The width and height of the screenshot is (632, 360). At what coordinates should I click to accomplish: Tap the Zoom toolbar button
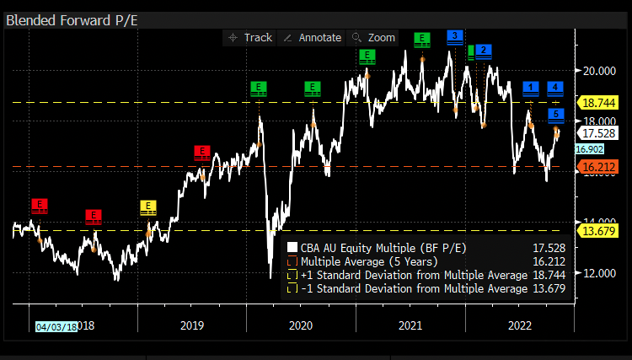coord(374,38)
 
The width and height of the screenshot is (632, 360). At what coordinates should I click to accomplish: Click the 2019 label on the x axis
coord(192,325)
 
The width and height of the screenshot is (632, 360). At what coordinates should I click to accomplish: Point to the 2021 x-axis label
coord(410,325)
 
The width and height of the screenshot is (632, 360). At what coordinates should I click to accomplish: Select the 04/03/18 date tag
coord(56,326)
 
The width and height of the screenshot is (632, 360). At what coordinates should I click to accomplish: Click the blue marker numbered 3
coord(454,35)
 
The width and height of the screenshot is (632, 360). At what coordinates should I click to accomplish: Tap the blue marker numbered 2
coord(483,51)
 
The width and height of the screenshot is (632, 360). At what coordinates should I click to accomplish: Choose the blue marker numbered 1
coord(531,87)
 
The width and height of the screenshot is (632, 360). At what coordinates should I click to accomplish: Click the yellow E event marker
coord(148,206)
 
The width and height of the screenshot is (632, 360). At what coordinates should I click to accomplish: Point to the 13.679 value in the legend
coord(549,288)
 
